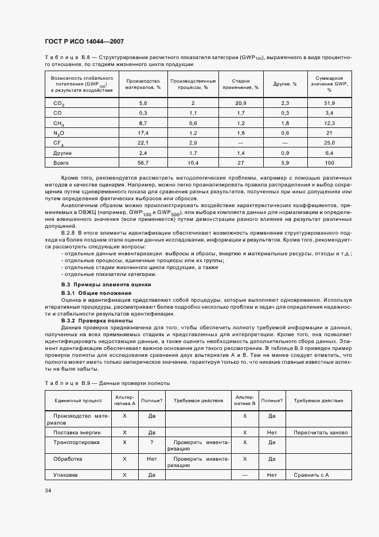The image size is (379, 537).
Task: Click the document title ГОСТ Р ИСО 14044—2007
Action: click(84, 42)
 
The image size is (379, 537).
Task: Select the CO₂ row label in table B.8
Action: click(58, 103)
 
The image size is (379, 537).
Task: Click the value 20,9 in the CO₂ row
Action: click(241, 103)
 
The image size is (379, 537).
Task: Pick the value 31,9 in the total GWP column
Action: click(329, 103)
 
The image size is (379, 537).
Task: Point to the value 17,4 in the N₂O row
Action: click(143, 133)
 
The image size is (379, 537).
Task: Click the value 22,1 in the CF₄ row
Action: click(143, 142)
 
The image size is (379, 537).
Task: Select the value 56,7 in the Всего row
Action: click(143, 162)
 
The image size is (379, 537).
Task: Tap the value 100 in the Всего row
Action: click(329, 162)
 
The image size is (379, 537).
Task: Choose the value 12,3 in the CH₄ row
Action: click(329, 123)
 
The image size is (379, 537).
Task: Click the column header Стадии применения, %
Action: click(241, 84)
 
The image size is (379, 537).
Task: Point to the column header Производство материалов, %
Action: click(143, 84)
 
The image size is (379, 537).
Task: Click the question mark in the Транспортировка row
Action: click(152, 442)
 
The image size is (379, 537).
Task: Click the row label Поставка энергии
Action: click(77, 432)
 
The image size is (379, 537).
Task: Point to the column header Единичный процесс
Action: click(78, 400)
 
